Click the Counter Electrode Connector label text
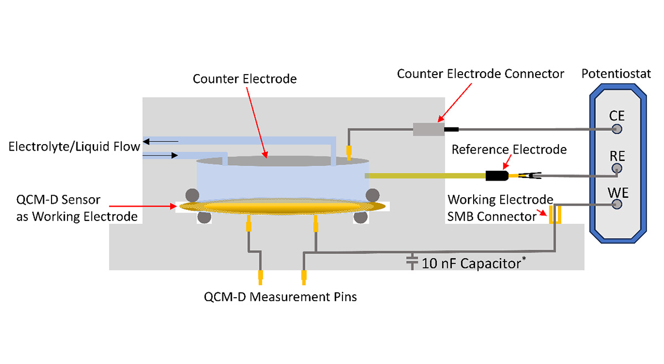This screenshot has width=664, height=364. (480, 73)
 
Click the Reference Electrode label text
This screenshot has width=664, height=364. (509, 150)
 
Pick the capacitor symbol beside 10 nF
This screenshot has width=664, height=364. (411, 261)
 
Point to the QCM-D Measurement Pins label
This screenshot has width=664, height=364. (281, 297)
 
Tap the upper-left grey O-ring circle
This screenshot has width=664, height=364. (192, 194)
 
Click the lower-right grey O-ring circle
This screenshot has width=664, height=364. (361, 217)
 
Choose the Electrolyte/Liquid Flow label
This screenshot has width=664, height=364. (74, 147)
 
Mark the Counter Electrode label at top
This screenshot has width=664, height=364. (245, 79)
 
